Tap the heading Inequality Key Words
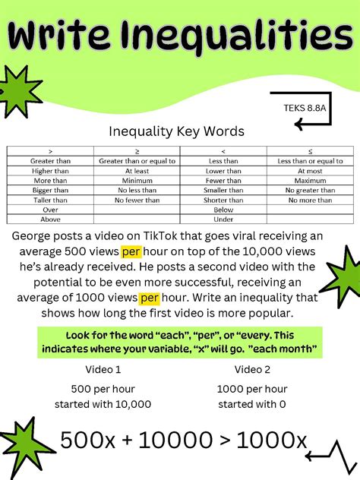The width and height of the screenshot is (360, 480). click(x=177, y=131)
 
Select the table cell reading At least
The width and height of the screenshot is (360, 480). click(x=137, y=171)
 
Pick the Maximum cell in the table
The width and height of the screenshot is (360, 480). click(x=310, y=181)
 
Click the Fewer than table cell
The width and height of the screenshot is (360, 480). click(x=223, y=181)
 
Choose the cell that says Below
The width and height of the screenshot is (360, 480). click(x=223, y=210)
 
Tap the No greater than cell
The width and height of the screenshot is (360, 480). click(x=310, y=190)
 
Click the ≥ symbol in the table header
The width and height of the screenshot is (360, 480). click(x=137, y=152)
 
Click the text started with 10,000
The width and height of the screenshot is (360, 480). click(x=106, y=404)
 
